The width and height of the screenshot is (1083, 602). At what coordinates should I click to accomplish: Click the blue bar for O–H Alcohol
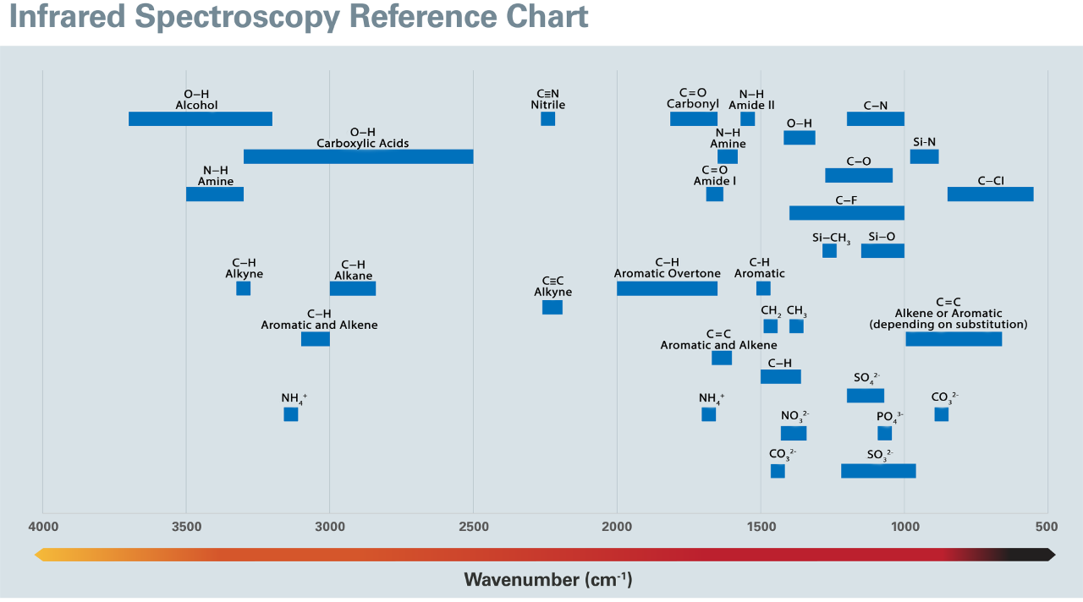(201, 118)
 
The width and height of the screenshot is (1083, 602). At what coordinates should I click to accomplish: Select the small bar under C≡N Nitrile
(547, 118)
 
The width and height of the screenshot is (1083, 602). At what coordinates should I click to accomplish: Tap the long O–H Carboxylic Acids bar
(358, 156)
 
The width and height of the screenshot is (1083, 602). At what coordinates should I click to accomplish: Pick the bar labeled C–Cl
(990, 194)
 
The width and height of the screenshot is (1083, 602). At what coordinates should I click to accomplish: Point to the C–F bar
(846, 212)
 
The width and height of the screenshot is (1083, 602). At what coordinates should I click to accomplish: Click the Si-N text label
(924, 141)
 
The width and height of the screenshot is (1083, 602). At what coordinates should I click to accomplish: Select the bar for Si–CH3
(829, 250)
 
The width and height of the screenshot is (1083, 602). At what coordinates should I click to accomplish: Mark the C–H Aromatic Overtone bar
(667, 288)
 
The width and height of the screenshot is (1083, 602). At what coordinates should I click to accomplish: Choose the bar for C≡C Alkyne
(552, 307)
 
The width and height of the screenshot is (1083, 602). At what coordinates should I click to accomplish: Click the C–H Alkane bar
(352, 288)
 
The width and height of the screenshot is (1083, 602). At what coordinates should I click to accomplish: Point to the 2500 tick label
(473, 527)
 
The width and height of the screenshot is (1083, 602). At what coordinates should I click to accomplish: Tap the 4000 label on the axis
(42, 527)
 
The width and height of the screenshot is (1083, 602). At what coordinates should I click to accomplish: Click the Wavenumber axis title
(547, 580)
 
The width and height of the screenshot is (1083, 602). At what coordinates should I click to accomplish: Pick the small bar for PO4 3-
(884, 433)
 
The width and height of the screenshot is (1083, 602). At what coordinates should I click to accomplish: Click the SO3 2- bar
(878, 471)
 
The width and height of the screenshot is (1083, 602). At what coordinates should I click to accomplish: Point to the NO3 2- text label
(794, 416)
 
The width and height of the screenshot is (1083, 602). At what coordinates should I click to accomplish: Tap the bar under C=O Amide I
(714, 194)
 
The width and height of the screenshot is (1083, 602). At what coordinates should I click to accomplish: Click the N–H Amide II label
(751, 100)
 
